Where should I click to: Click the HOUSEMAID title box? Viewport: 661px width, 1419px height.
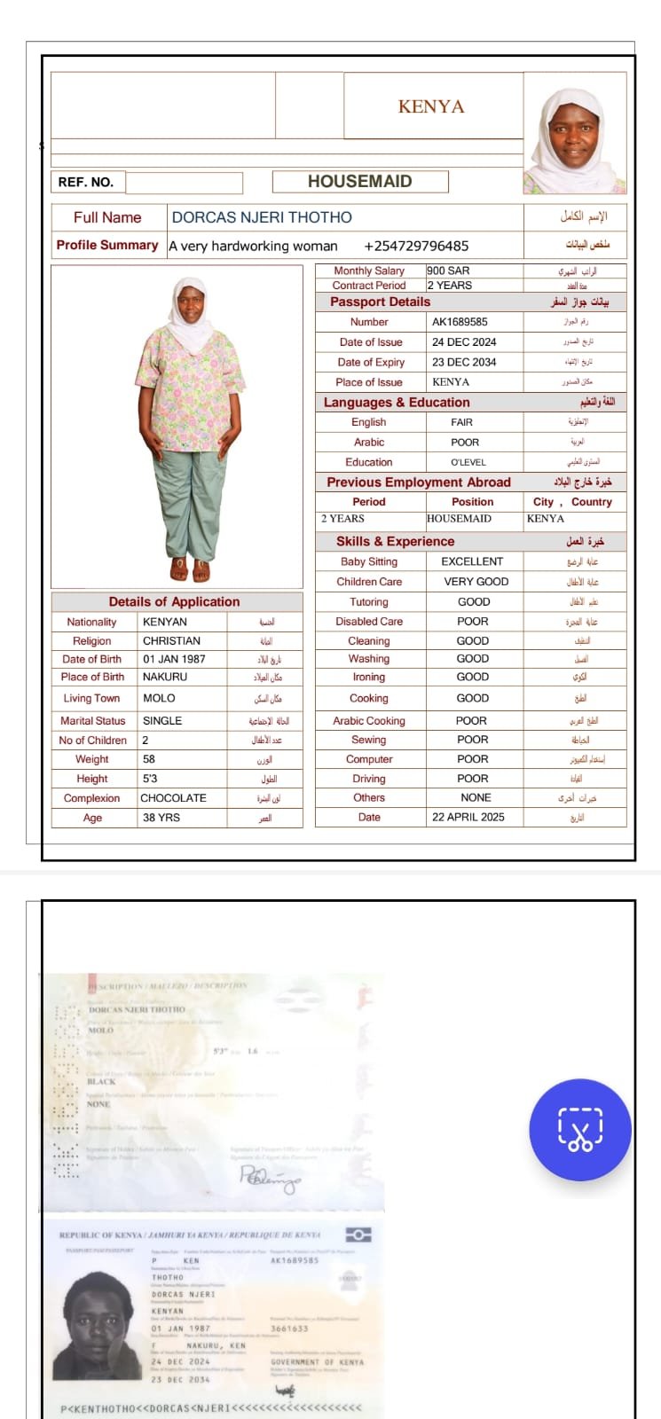(359, 182)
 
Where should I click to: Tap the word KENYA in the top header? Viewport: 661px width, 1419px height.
(431, 106)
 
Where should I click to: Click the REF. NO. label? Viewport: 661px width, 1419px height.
(86, 182)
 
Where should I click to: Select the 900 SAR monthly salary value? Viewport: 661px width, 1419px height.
(449, 270)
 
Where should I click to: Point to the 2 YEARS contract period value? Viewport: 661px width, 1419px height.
(450, 286)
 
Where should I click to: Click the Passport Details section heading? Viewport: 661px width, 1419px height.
(380, 302)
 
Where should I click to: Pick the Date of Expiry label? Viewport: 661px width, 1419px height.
(371, 362)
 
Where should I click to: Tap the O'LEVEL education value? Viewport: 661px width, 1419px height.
(468, 462)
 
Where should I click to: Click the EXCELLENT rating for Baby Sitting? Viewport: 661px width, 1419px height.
(472, 561)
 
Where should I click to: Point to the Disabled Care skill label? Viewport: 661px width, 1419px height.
(369, 622)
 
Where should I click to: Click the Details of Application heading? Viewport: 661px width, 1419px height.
(174, 601)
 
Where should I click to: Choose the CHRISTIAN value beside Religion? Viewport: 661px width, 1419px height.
(172, 640)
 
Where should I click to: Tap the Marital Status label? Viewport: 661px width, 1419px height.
(93, 721)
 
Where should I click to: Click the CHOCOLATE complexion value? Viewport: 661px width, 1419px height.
(174, 798)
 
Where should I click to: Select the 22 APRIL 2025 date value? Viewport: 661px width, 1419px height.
(468, 817)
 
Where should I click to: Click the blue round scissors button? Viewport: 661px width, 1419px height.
(580, 1130)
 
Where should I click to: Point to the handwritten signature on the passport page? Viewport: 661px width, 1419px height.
(271, 1178)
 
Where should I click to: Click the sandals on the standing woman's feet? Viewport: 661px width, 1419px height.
(190, 568)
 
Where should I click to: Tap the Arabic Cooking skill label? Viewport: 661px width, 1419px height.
(369, 721)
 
